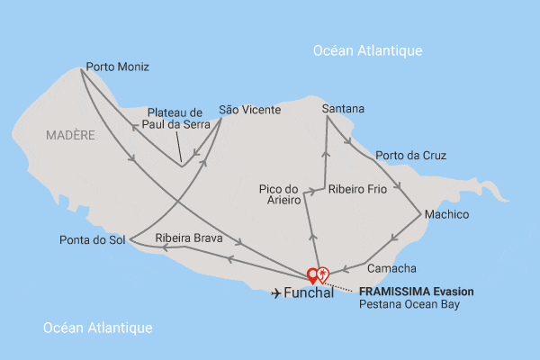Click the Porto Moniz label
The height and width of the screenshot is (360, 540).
pyautogui.click(x=117, y=67)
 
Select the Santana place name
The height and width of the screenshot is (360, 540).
pyautogui.click(x=343, y=109)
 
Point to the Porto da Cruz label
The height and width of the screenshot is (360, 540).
pyautogui.click(x=410, y=156)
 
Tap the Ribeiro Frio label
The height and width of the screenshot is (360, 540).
pyautogui.click(x=357, y=190)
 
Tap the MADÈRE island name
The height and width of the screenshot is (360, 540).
pyautogui.click(x=69, y=135)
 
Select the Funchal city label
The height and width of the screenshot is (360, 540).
pyautogui.click(x=309, y=293)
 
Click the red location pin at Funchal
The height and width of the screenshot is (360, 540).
pyautogui.click(x=313, y=275)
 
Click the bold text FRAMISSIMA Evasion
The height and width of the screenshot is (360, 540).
pyautogui.click(x=416, y=292)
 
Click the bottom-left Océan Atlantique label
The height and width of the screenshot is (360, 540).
pyautogui.click(x=98, y=328)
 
